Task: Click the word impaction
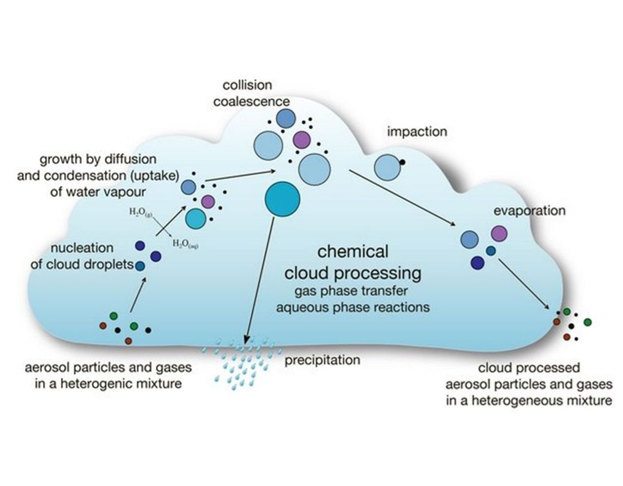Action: tap(417, 131)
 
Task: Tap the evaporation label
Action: tap(530, 211)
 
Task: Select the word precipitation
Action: tap(322, 360)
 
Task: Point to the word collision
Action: tap(247, 85)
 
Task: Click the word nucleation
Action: tap(82, 248)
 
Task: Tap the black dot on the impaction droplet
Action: tap(403, 162)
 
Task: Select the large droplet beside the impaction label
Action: tap(387, 167)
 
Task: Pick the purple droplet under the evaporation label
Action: tap(499, 234)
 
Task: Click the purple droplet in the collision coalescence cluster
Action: tap(302, 140)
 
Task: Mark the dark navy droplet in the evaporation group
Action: tap(477, 263)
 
